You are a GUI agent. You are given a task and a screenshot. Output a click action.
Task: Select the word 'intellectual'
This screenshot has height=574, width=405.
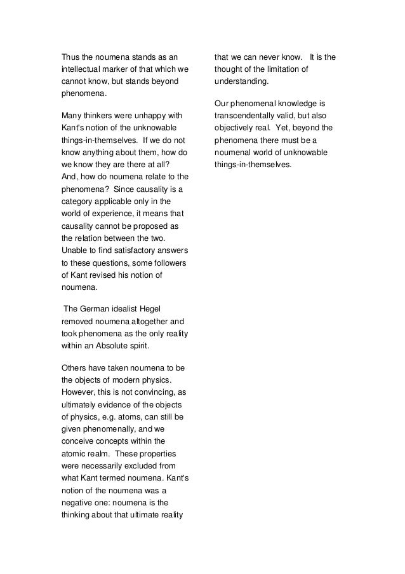point(82,69)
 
